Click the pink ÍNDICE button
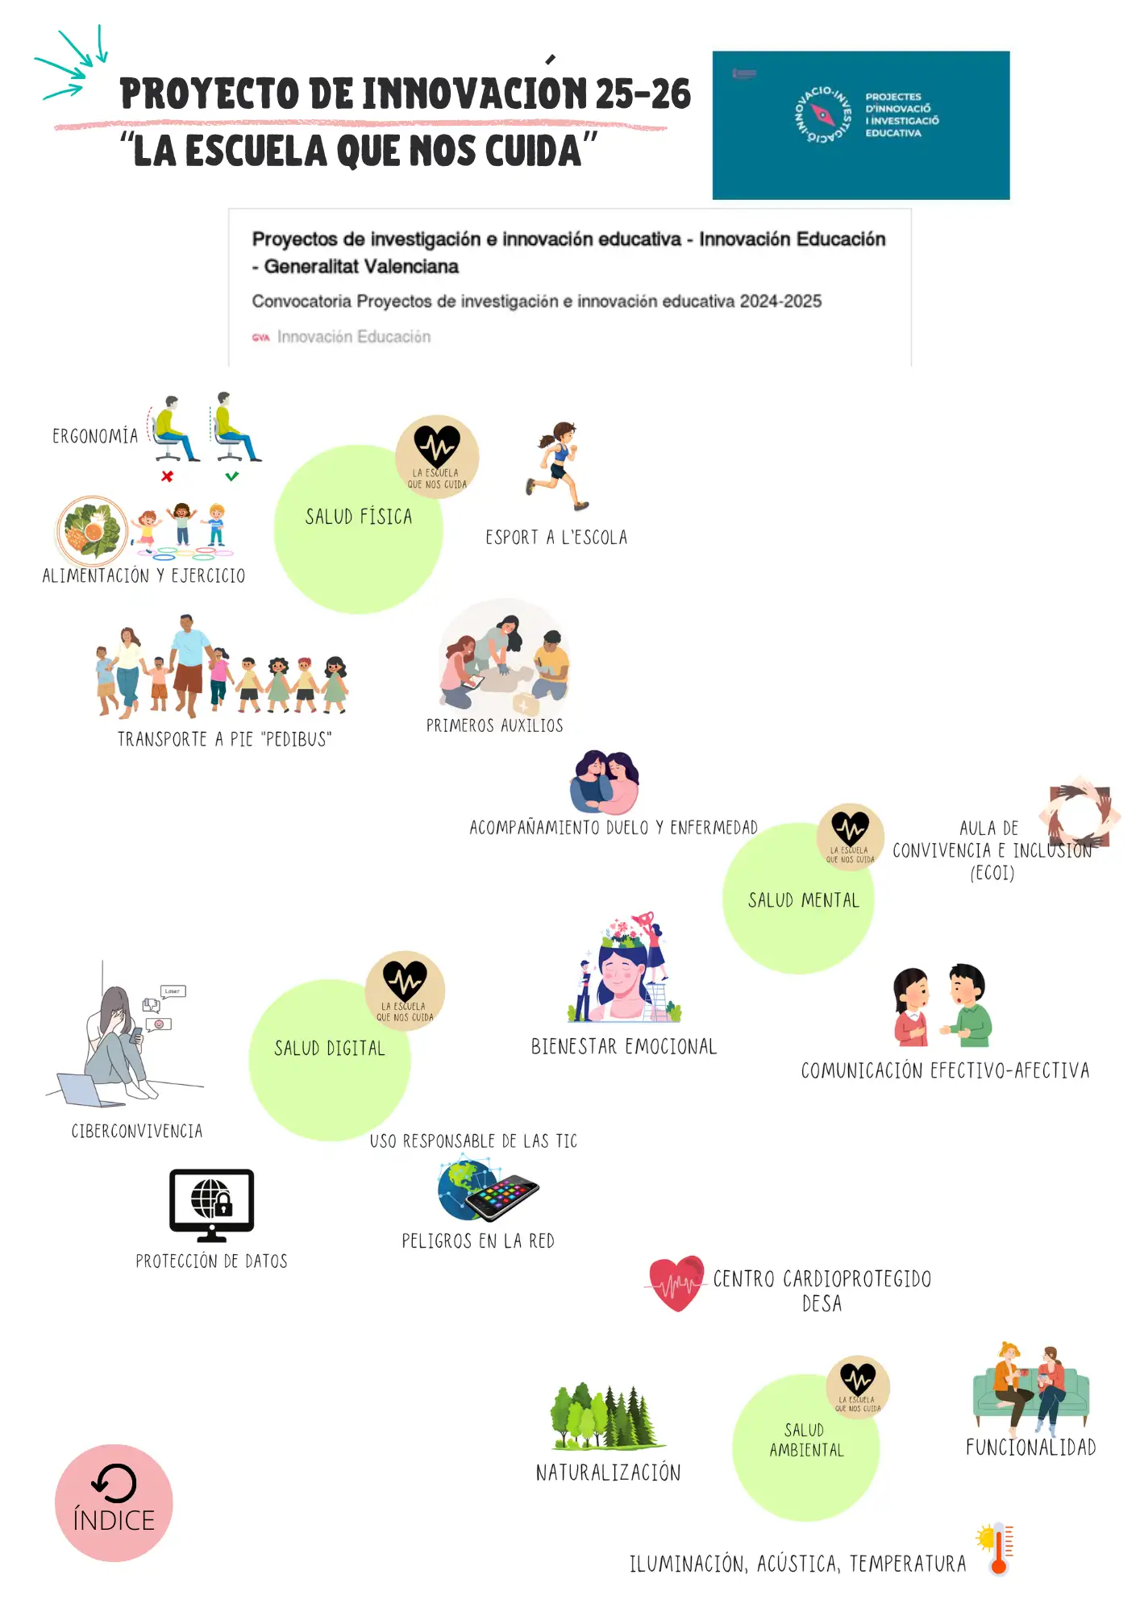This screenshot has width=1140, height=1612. pyautogui.click(x=114, y=1502)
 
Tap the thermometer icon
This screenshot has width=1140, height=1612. pyautogui.click(x=997, y=1548)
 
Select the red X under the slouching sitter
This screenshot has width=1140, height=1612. pyautogui.click(x=167, y=476)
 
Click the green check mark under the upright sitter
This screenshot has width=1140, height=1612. pyautogui.click(x=232, y=476)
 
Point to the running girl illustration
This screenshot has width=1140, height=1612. pyautogui.click(x=558, y=467)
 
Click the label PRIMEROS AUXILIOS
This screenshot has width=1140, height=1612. pyautogui.click(x=494, y=725)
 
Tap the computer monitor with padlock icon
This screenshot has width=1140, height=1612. pyautogui.click(x=211, y=1205)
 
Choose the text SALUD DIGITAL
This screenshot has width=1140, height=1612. pyautogui.click(x=330, y=1048)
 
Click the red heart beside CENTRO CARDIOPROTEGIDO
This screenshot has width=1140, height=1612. pyautogui.click(x=676, y=1283)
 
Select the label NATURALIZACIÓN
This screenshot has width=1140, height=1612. pyautogui.click(x=608, y=1473)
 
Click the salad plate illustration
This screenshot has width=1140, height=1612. pyautogui.click(x=92, y=530)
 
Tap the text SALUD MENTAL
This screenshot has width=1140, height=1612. pyautogui.click(x=803, y=899)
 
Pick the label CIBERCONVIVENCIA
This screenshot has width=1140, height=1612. pyautogui.click(x=137, y=1131)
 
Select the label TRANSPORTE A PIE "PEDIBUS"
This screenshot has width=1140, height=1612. pyautogui.click(x=224, y=739)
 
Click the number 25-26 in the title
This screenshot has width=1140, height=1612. pyautogui.click(x=643, y=94)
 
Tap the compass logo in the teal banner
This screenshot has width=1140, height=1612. pyautogui.click(x=822, y=114)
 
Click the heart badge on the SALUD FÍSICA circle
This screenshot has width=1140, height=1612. pyautogui.click(x=437, y=456)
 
